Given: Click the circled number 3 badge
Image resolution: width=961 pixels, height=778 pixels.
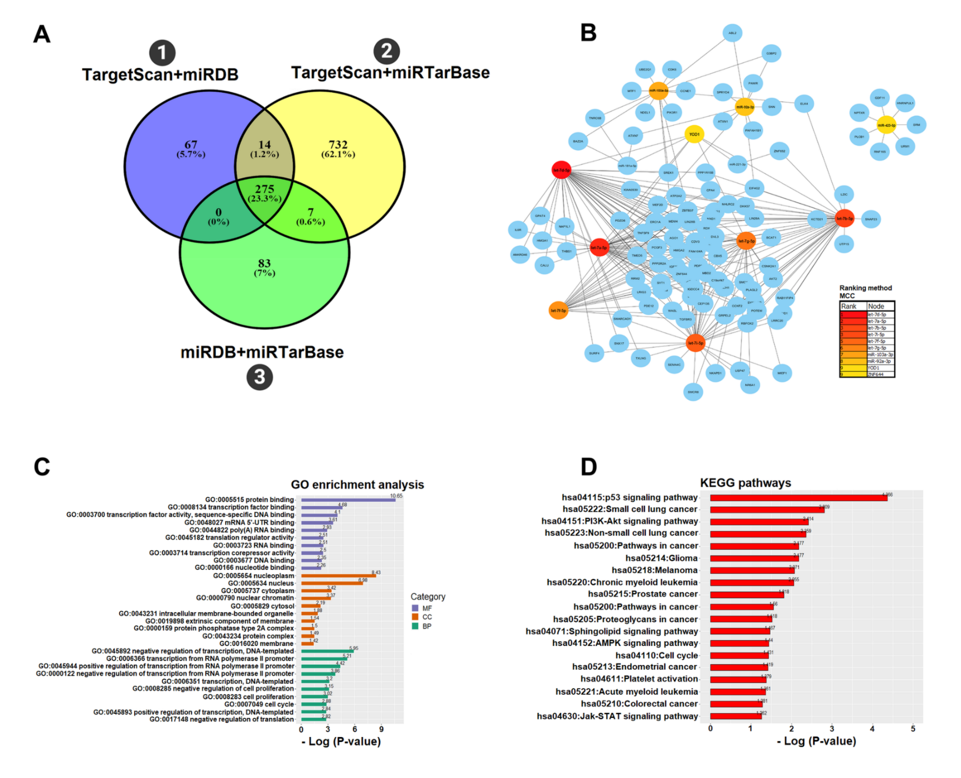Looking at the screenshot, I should [260, 377].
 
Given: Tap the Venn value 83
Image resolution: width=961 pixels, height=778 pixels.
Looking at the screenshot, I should [264, 263].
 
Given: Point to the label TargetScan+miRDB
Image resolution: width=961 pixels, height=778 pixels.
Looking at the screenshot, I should [160, 74].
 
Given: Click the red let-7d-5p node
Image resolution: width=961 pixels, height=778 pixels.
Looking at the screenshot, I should [561, 170].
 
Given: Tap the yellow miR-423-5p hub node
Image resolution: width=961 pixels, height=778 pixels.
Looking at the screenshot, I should [886, 125].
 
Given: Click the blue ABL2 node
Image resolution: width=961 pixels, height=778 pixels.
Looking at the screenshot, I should [732, 33].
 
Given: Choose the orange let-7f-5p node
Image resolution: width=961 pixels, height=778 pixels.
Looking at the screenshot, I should [558, 310].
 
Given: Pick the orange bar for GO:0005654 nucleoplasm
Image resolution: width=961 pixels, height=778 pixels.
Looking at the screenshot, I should [338, 575].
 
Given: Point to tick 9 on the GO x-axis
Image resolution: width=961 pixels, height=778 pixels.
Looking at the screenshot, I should [381, 729].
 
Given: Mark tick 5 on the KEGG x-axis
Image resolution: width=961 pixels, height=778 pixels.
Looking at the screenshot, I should [913, 728].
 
